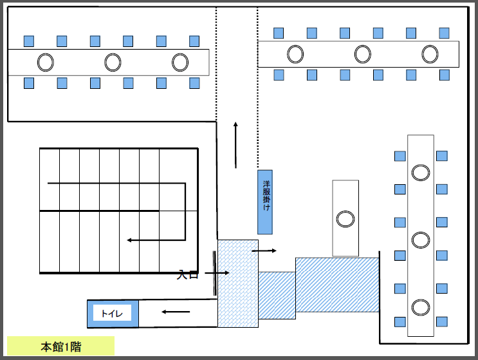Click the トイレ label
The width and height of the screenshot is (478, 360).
coord(112,314)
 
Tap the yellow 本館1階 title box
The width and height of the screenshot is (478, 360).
coord(60,346)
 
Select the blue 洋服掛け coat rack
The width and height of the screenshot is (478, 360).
coord(265,202)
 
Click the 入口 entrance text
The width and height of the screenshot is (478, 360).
coord(187,274)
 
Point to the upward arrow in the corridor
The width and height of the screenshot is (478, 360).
coord(235,145)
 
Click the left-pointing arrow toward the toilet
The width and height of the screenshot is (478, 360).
coord(176,312)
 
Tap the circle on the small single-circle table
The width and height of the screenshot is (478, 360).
coord(345,219)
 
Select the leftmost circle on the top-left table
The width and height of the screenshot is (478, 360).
coord(46,62)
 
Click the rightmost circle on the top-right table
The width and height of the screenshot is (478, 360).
coord(430,54)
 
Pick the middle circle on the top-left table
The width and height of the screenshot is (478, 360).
coord(113,62)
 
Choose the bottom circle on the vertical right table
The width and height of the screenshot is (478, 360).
coord(421,307)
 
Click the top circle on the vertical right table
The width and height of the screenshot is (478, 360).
coord(421,173)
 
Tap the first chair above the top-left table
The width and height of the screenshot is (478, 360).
coord(29,41)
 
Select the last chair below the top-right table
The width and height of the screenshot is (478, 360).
coord(445,75)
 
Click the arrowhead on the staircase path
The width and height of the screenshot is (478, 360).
coord(129,240)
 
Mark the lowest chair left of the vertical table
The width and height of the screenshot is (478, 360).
coord(400,322)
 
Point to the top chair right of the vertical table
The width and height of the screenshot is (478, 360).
coord(442,156)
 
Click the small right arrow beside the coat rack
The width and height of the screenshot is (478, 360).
coord(264,251)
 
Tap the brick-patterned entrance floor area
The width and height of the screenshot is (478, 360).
coord(238,283)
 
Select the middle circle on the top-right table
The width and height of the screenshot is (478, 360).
coord(363,54)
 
